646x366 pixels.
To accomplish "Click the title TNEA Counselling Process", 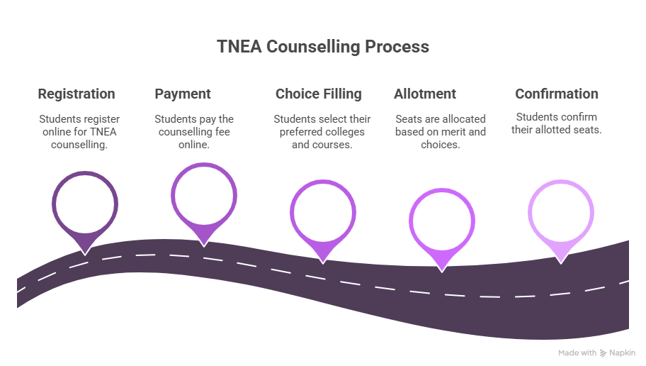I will (x=323, y=47).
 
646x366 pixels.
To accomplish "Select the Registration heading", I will (x=76, y=94).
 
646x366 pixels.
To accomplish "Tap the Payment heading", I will (x=183, y=94).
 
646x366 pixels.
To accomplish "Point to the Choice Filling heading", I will (x=319, y=94).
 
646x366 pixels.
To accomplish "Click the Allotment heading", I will (x=425, y=94).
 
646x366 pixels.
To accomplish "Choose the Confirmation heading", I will (x=557, y=94).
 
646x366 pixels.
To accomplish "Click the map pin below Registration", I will (x=85, y=206).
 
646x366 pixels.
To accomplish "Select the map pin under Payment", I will (x=203, y=196).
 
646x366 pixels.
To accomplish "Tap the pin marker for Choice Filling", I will (x=322, y=213).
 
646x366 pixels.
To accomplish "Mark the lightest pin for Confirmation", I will (x=560, y=213).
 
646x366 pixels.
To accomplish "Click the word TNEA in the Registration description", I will (x=103, y=132).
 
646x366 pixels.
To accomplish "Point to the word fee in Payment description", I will (x=221, y=132).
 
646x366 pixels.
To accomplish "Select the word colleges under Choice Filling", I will (x=345, y=132).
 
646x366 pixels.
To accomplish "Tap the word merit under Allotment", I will (x=461, y=132).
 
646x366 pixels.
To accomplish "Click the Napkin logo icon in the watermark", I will (x=603, y=353).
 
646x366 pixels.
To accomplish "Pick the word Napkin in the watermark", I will (x=623, y=353).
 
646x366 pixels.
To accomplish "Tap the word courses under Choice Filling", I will (x=335, y=145).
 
